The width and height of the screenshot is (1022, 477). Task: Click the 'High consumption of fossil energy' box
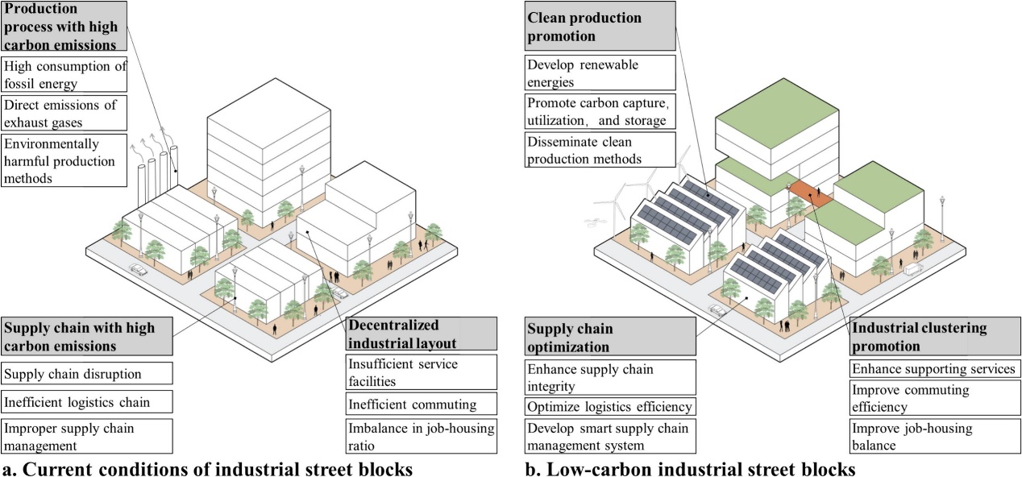click(x=64, y=75)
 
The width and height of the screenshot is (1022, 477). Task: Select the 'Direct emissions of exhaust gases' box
click(x=64, y=114)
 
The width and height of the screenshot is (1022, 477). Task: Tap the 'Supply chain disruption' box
click(x=87, y=373)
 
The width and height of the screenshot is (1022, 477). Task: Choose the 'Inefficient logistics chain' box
click(x=87, y=400)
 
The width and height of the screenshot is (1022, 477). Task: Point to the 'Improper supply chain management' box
click(x=87, y=435)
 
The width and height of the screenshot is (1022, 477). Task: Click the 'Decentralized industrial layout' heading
click(x=421, y=334)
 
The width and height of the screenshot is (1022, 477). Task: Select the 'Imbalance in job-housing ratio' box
click(x=421, y=436)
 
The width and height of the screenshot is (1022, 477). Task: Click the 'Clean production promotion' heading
click(x=599, y=27)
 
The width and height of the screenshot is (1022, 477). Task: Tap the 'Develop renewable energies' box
click(x=599, y=73)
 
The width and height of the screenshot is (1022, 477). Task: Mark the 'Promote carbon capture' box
click(x=599, y=112)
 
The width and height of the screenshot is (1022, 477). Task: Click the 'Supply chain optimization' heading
click(x=610, y=338)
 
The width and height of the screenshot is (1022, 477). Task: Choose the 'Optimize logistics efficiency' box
click(x=610, y=406)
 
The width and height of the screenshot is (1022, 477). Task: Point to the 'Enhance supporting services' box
click(x=933, y=368)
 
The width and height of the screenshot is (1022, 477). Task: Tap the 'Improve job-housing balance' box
click(x=933, y=436)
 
